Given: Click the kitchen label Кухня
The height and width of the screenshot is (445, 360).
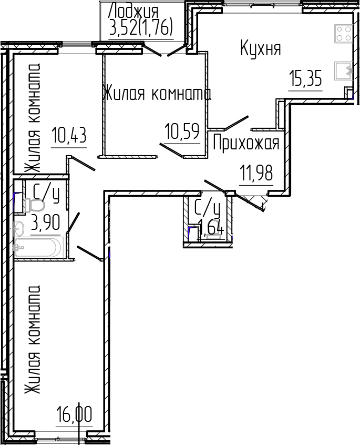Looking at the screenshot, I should click(261, 49).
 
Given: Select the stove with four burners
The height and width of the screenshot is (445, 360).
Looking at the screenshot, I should click(344, 34).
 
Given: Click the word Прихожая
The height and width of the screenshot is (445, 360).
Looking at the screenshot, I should click(246, 143).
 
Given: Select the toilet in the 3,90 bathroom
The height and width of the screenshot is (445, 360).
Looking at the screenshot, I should click(34, 205).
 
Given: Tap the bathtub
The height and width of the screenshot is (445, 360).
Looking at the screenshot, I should click(38, 247).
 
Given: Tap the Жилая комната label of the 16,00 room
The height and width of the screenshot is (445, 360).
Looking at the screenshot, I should click(33, 339).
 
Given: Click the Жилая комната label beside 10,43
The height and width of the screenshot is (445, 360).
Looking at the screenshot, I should click(33, 119).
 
